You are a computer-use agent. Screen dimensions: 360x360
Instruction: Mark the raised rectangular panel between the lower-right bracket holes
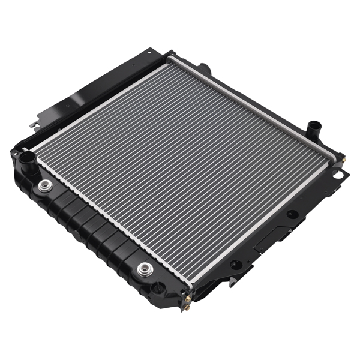point(264,239)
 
